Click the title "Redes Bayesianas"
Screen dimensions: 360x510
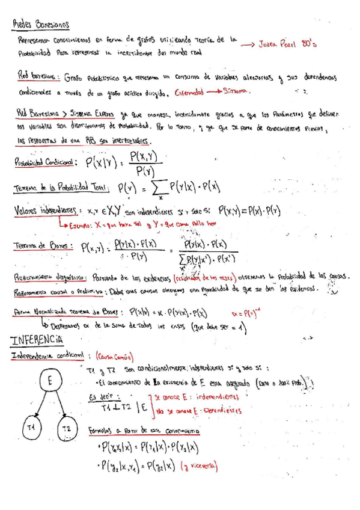pos(41,25)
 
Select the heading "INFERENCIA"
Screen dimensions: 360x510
pos(37,340)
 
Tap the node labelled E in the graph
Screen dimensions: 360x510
pos(50,381)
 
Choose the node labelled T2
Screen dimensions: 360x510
pos(67,428)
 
